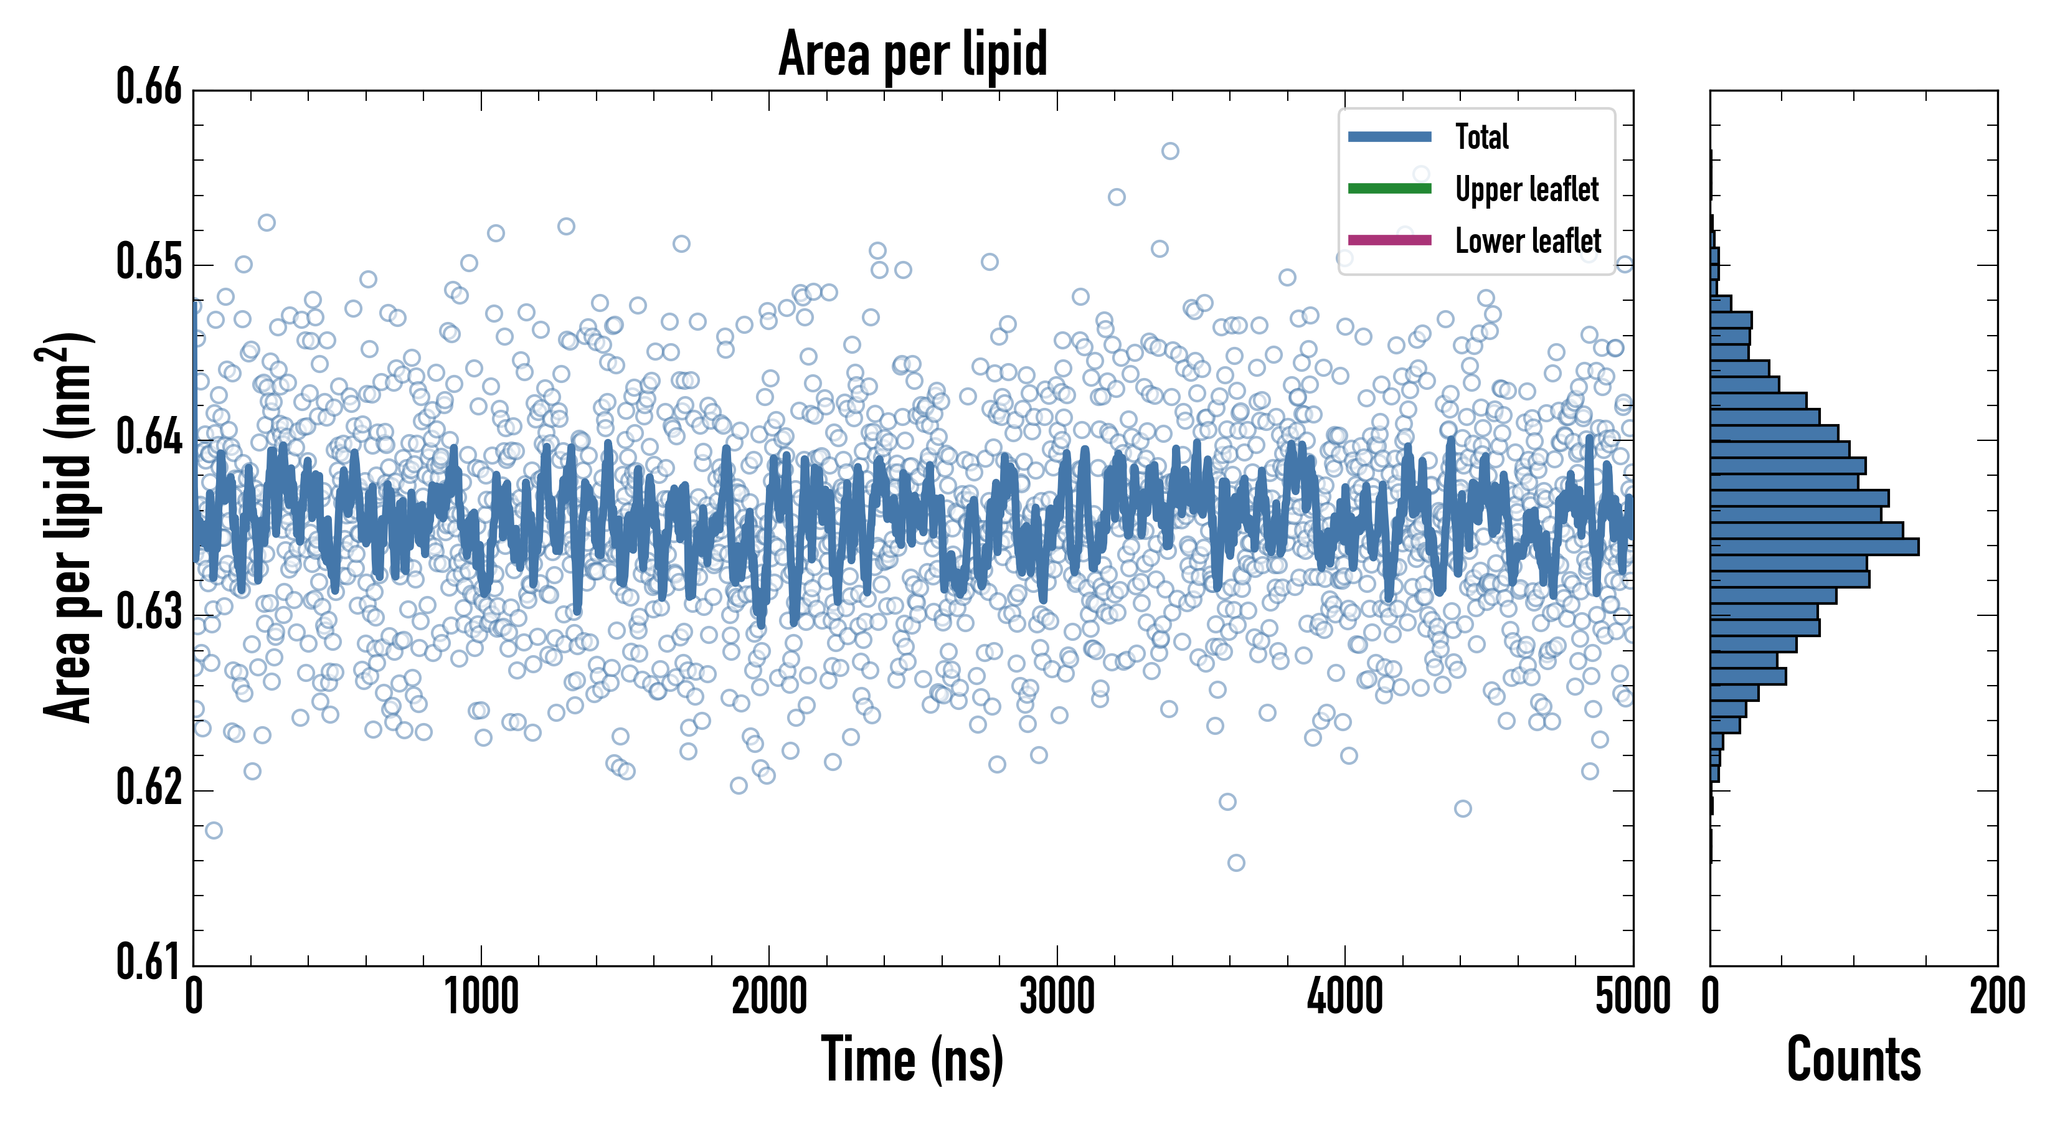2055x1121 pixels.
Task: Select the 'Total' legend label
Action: tap(1481, 136)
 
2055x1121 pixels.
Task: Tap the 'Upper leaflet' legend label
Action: tap(1526, 189)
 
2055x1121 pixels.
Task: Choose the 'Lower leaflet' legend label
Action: tap(1528, 240)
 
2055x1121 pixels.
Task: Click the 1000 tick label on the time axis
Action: tap(481, 997)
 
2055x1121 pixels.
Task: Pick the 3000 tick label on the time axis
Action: tap(1057, 997)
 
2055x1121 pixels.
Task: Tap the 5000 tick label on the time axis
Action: tap(1632, 997)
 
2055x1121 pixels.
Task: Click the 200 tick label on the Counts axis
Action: tap(1996, 997)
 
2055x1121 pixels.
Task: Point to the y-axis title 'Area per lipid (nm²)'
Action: tap(68, 527)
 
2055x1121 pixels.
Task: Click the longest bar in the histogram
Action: tap(1814, 547)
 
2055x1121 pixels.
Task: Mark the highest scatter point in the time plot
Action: tap(1169, 151)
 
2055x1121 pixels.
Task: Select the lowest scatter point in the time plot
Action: tap(1235, 863)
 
